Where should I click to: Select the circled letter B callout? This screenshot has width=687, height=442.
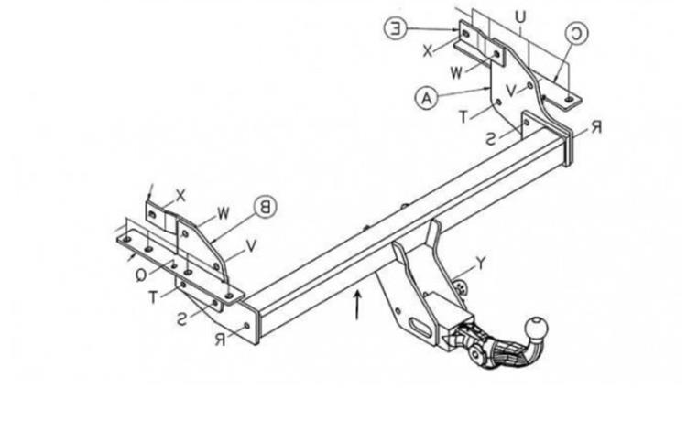[265, 208]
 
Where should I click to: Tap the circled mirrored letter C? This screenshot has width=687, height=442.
[577, 34]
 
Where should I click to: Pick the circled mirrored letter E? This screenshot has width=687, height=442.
[396, 29]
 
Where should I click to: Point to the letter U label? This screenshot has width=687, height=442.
[519, 17]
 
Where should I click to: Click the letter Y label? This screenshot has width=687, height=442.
[481, 263]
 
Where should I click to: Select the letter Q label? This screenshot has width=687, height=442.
[141, 275]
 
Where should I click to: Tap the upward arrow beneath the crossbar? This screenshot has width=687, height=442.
[357, 304]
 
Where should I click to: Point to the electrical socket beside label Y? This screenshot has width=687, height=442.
[461, 287]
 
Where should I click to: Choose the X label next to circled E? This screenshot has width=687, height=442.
[428, 51]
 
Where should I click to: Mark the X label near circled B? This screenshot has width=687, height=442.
[180, 196]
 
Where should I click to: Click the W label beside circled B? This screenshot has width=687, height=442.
[224, 214]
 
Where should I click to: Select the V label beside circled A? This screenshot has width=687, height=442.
[511, 91]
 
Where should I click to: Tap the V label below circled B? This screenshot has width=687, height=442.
[251, 246]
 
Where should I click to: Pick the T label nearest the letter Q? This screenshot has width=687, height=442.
[153, 297]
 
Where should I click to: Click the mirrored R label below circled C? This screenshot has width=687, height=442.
[596, 127]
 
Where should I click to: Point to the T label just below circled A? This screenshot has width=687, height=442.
[463, 117]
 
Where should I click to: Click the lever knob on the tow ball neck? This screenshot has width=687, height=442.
[476, 352]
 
